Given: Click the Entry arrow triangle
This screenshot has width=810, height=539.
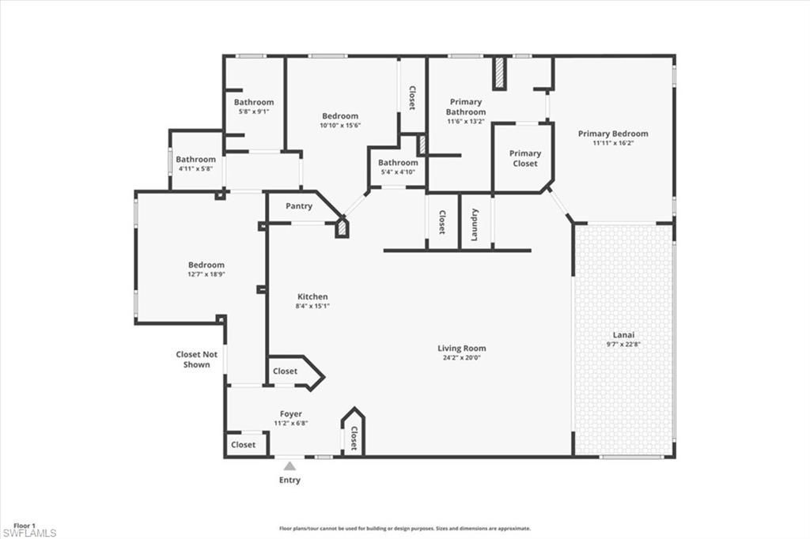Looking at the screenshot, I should [290, 466].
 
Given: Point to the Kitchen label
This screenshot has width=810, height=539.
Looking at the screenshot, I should [312, 297].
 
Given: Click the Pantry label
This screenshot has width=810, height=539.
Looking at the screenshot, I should [299, 206].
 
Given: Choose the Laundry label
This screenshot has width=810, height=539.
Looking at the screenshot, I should [475, 224].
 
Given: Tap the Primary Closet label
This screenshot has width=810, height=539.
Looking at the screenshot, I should [525, 158].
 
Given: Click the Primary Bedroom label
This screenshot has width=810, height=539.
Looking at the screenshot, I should [612, 134].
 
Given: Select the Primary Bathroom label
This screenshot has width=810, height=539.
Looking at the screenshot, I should [466, 107].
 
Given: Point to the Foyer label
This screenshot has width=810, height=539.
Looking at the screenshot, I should [290, 414].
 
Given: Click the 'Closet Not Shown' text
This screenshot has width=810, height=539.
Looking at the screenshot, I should [196, 360].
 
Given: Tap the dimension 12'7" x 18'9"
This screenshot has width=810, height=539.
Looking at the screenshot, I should [206, 274].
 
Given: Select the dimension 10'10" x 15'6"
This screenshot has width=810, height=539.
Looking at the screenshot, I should [339, 125].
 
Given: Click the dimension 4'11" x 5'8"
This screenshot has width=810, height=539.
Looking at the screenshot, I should [195, 168].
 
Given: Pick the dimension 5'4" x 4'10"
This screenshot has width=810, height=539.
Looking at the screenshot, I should [397, 172].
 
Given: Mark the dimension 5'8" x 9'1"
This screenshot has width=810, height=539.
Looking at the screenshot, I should [254, 111].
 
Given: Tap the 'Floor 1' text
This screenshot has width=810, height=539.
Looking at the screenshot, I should [24, 525].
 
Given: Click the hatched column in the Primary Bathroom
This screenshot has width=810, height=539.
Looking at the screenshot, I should [500, 73].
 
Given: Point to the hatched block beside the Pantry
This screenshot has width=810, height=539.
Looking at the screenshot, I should [342, 228].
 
